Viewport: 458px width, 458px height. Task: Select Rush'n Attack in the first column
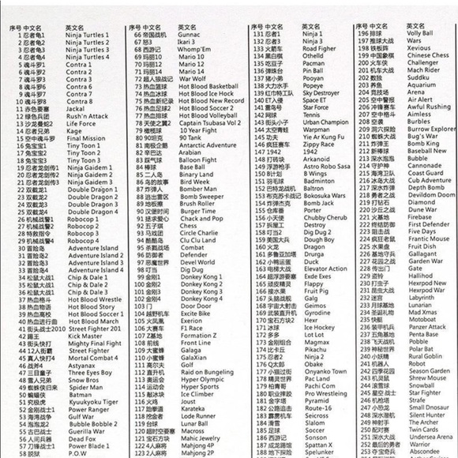tap(86, 116)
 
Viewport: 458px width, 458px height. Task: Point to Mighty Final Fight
tap(94, 343)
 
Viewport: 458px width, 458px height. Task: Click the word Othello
tap(313, 57)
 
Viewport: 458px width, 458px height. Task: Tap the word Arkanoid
tap(317, 160)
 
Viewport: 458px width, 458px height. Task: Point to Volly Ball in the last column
tap(420, 34)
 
